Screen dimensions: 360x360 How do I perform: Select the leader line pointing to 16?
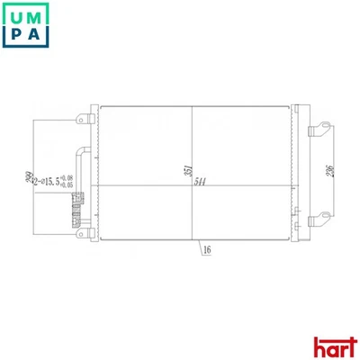[x=198, y=248]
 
